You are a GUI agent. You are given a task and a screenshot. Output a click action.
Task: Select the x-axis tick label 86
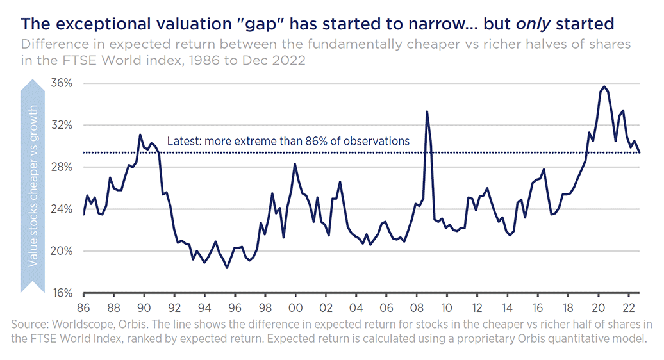tap(84, 307)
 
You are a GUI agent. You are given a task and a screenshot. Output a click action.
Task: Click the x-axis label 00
tap(295, 307)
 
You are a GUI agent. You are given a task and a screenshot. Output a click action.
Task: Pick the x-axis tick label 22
tap(629, 307)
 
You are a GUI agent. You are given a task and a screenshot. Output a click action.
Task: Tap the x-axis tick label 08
tap(417, 307)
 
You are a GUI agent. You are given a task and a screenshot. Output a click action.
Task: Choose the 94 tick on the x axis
tap(204, 307)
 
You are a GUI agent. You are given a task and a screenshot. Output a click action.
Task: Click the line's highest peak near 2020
tap(604, 86)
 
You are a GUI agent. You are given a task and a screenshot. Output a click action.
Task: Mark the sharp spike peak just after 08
tap(427, 111)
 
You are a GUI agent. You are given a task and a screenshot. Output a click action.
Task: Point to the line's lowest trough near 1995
tap(227, 268)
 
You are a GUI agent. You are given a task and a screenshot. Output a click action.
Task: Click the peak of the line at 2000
tap(295, 164)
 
